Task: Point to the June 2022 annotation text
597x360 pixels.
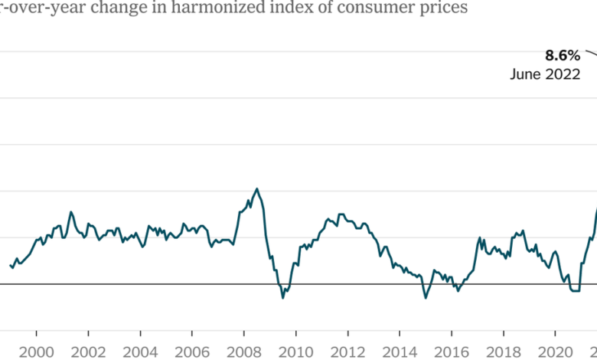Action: click(x=546, y=75)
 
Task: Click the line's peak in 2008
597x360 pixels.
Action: click(x=256, y=188)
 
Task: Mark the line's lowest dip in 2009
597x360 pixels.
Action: click(x=282, y=297)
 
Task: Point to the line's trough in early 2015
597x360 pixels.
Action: click(x=426, y=297)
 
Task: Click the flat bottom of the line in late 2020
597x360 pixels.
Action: click(x=575, y=291)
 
